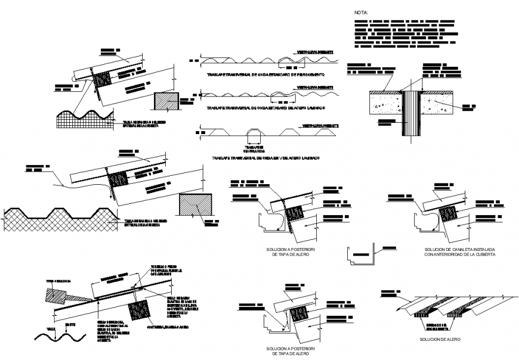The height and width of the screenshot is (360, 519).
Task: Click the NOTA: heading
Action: click(x=362, y=12)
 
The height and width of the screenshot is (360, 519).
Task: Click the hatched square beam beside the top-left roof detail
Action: click(x=166, y=101)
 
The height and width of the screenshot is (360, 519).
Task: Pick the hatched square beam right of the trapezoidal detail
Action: click(x=195, y=206)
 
